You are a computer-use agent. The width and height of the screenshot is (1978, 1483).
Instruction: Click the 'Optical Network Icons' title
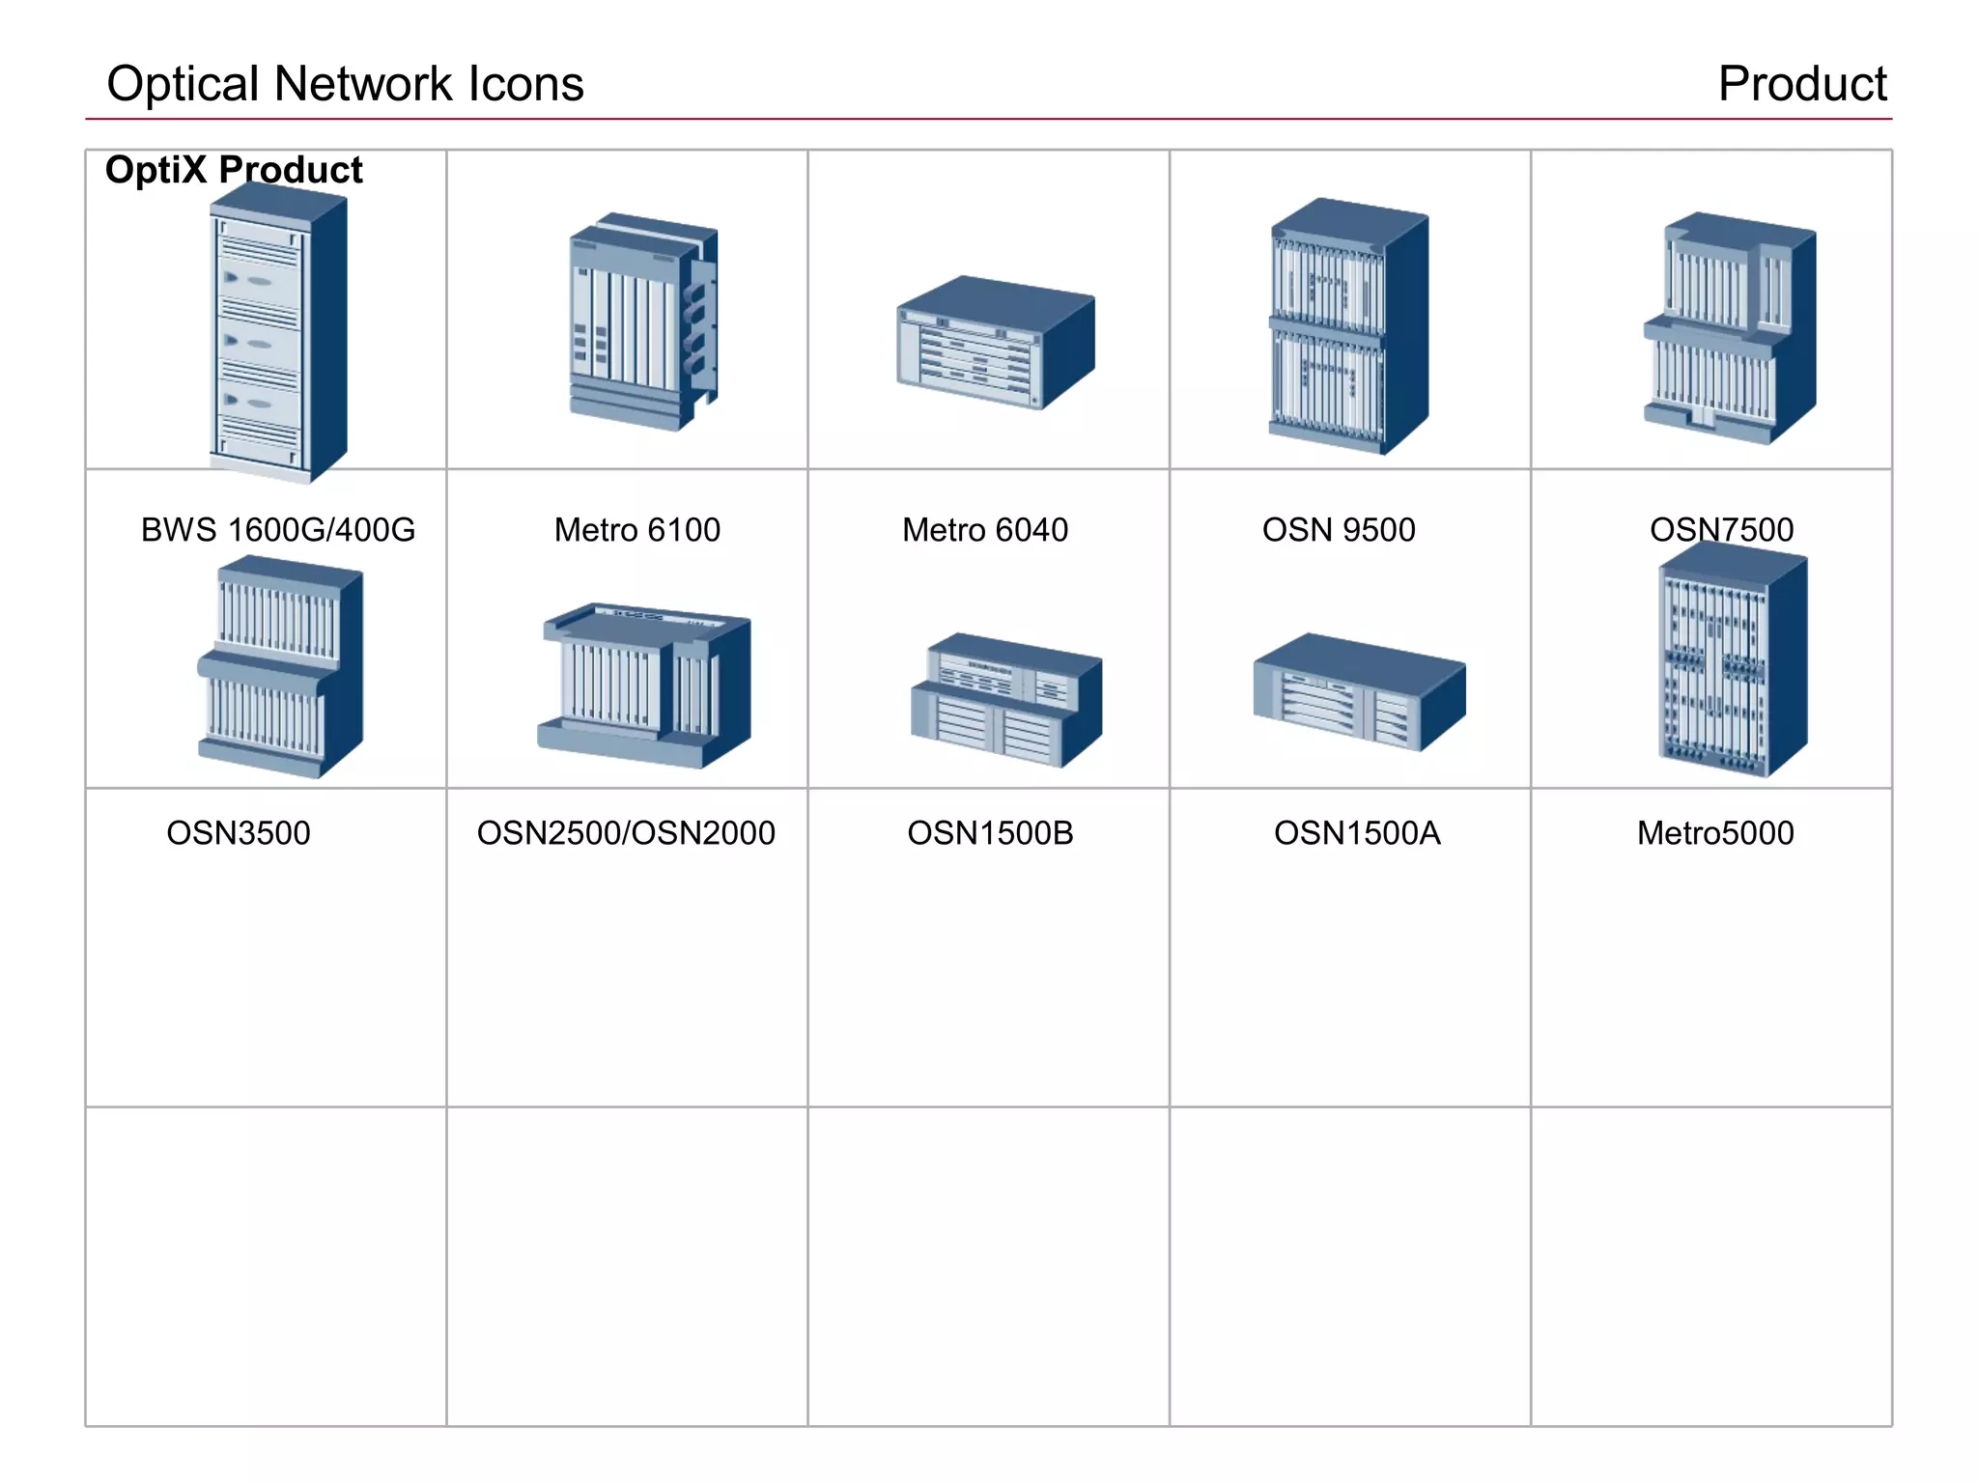pos(345,84)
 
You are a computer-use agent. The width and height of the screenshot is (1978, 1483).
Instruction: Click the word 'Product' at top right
pos(1801,84)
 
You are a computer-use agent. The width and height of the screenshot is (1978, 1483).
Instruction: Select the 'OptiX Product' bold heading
pos(234,170)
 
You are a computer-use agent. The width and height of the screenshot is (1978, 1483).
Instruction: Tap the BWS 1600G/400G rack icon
pos(277,333)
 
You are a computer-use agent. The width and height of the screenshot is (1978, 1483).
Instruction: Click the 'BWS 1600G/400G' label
pos(278,530)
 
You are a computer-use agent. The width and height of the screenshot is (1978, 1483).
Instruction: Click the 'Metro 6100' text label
pos(636,530)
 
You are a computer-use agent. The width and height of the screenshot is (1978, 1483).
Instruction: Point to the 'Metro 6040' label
pos(984,530)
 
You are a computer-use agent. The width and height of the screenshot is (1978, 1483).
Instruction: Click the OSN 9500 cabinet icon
pos(1348,326)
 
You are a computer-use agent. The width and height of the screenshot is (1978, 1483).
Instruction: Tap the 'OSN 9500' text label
pos(1339,530)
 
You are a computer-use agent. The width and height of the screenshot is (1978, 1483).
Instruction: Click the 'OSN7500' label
pos(1721,530)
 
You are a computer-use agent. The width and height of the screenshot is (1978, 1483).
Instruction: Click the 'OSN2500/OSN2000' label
pos(626,833)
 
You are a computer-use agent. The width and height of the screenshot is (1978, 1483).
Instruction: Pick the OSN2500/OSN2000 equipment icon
pos(644,686)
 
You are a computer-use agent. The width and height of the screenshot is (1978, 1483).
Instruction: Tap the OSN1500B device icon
pos(1005,701)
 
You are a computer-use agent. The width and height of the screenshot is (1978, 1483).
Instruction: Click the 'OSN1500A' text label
pos(1356,833)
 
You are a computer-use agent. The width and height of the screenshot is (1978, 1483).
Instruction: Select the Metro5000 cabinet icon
pos(1732,661)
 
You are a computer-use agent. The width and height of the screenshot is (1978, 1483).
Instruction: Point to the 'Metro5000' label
pos(1714,833)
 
